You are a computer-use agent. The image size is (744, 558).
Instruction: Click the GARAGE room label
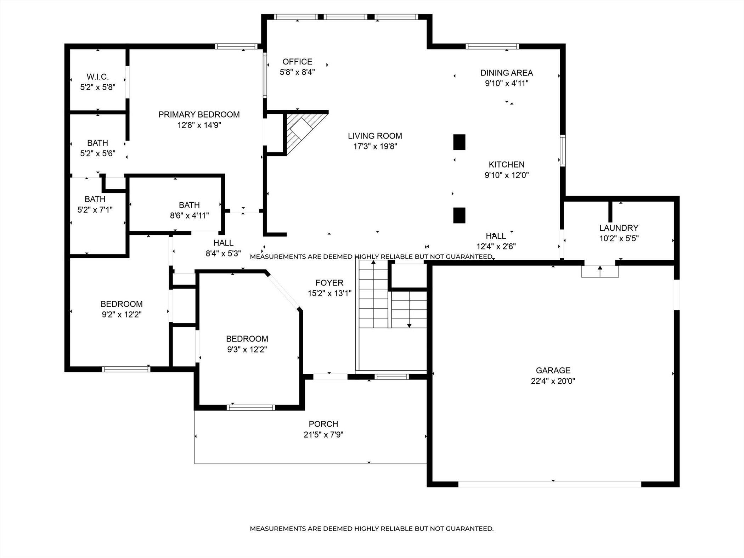(x=553, y=371)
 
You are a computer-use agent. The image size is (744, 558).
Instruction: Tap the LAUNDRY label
(x=619, y=228)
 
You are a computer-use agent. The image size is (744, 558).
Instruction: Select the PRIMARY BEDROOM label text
(x=199, y=114)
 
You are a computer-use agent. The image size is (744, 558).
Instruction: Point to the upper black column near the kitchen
(x=460, y=142)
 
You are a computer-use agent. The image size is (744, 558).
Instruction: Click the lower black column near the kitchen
(x=460, y=215)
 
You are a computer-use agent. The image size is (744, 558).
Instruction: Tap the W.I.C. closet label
(x=98, y=77)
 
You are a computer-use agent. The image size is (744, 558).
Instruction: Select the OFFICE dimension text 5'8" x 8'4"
(x=298, y=72)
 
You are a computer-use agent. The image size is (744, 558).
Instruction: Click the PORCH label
(x=323, y=424)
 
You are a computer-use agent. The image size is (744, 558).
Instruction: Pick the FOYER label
(x=329, y=283)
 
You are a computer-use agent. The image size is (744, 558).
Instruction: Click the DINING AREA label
(x=507, y=73)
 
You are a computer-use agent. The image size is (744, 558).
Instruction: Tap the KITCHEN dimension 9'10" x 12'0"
(x=507, y=175)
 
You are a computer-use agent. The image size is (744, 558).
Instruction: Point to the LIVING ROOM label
(x=375, y=136)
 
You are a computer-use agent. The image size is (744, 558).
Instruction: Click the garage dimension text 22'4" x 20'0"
(x=553, y=381)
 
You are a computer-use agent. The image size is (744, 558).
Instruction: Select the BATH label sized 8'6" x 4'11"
(x=189, y=205)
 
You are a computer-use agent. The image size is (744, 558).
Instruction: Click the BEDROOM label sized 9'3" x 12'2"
(x=247, y=339)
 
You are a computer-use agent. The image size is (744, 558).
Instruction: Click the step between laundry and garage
(x=600, y=271)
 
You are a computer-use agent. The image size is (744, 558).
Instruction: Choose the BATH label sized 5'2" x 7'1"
(x=95, y=199)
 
